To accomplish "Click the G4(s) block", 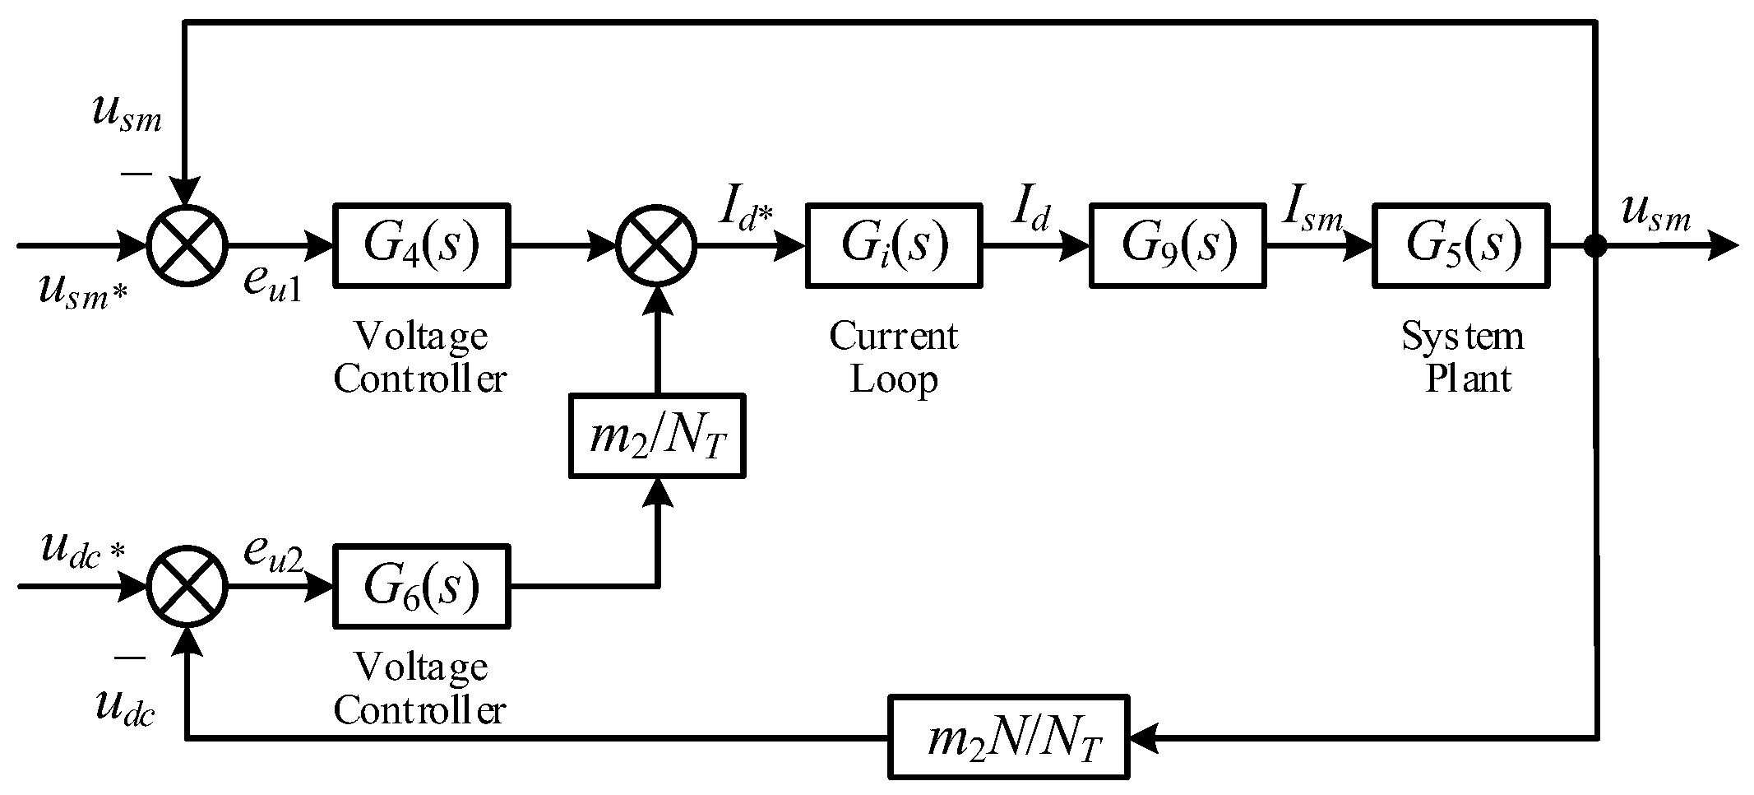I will coord(421,244).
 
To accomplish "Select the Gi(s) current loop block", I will coord(893,244).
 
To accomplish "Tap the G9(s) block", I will coord(1178,244).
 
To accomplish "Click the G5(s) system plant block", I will coord(1461,244).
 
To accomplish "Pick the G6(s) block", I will coord(421,586).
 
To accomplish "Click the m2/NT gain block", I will coord(657,436).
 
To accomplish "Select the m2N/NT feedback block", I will coord(1009,737).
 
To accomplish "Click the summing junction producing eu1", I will coord(187,245).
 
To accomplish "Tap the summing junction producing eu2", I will coord(187,587).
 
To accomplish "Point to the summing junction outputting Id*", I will coord(657,245).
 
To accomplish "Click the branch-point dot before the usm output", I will coord(1596,244).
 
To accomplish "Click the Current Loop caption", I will coord(893,357).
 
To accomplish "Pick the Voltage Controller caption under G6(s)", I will coord(419,688).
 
